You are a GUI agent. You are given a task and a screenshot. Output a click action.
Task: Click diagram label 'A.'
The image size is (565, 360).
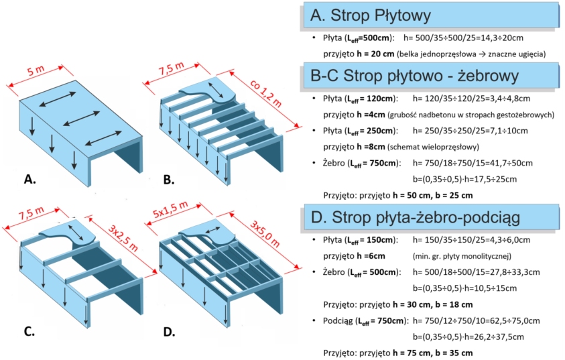(30, 179)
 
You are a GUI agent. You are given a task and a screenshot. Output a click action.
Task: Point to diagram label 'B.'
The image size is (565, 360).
(169, 179)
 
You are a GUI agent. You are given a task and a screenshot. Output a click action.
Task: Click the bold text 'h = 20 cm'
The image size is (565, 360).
(373, 53)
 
